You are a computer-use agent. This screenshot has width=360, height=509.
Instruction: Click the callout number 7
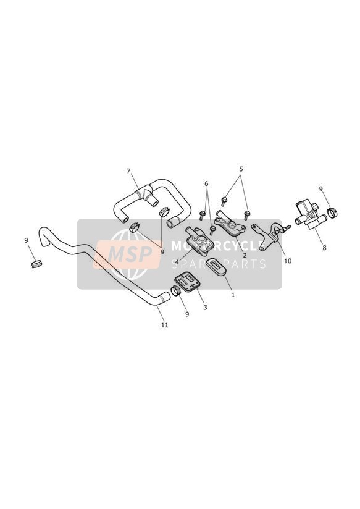coord(128,170)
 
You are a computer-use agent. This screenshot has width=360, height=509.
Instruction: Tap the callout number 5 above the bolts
coord(241,169)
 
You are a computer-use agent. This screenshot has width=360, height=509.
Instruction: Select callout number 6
coord(206,183)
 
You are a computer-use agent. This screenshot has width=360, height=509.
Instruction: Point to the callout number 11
coord(165,325)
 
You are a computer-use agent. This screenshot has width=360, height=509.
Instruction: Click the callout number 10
coord(288,261)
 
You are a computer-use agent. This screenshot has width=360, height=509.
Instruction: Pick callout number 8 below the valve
coord(324,248)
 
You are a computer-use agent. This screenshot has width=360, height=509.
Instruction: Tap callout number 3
coord(205,307)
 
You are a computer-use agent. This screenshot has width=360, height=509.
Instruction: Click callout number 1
coord(233,295)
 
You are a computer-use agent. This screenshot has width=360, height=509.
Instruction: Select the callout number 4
coord(177,262)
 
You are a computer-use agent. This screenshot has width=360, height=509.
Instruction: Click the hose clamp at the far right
coord(333,212)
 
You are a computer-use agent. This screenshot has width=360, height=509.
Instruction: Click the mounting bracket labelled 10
coord(269,237)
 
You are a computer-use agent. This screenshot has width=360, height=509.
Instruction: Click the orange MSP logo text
coord(130,253)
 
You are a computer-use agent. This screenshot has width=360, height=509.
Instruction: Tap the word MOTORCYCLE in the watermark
coord(217,246)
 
